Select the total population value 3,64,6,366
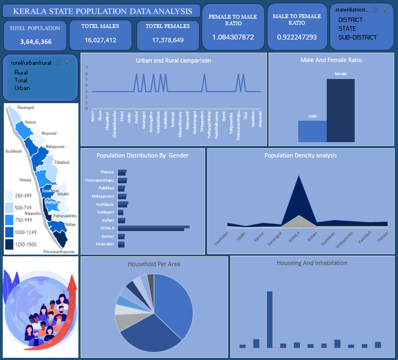click(36, 42)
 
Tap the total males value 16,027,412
click(100, 40)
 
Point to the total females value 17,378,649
click(168, 40)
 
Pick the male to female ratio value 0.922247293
click(297, 37)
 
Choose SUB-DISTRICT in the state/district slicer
click(357, 37)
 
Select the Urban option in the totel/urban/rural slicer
click(22, 88)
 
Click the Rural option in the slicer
click(21, 72)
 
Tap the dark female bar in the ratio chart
click(340, 110)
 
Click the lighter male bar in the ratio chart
click(312, 131)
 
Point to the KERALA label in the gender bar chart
click(107, 228)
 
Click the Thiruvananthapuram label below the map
click(59, 251)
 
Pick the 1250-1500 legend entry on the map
click(25, 244)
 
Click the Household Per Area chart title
click(153, 264)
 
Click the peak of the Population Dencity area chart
click(298, 176)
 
